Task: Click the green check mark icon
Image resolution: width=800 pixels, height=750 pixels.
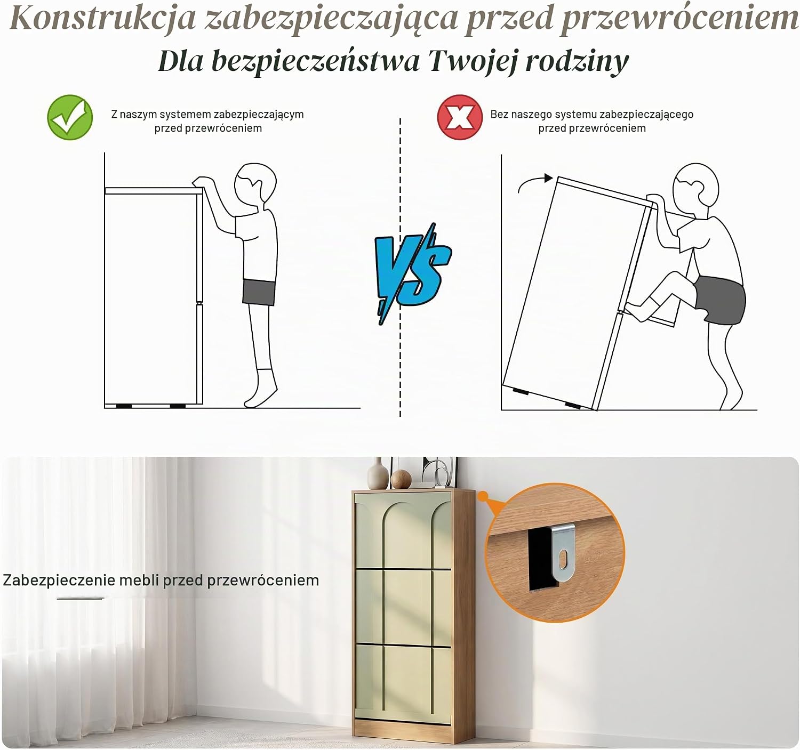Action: (70, 117)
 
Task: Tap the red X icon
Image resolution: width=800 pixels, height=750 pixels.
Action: (460, 117)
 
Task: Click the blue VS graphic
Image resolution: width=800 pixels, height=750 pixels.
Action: (413, 274)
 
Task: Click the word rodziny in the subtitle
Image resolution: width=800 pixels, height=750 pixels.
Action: (577, 62)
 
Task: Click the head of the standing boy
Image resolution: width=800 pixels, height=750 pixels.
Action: (255, 184)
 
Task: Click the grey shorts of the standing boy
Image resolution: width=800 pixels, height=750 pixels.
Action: (259, 292)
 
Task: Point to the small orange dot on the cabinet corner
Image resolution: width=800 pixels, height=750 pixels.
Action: (483, 496)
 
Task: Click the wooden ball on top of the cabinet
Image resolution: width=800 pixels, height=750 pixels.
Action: (401, 479)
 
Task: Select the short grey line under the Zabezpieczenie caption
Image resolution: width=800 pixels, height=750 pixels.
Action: (81, 599)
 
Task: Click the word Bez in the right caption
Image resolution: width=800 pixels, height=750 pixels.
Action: (498, 114)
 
